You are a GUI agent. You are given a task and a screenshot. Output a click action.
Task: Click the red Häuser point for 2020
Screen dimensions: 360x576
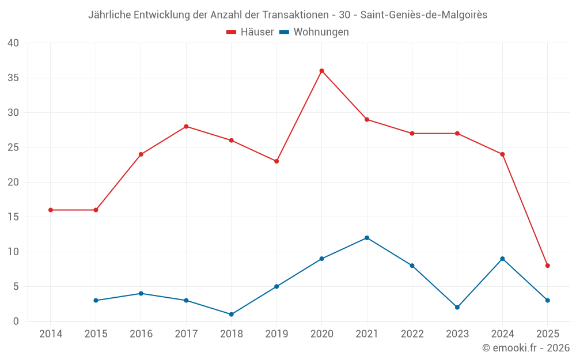(322, 71)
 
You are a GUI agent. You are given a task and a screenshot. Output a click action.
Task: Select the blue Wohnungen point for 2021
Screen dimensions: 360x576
(367, 238)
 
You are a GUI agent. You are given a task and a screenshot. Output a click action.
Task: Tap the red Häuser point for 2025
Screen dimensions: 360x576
(548, 266)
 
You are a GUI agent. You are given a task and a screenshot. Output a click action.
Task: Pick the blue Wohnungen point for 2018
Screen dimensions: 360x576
(232, 314)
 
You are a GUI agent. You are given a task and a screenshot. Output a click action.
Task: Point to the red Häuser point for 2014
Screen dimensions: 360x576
(51, 210)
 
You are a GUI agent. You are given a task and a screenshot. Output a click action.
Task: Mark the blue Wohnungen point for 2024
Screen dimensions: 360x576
(503, 259)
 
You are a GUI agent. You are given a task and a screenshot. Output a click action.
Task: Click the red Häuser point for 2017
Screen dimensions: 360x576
(186, 127)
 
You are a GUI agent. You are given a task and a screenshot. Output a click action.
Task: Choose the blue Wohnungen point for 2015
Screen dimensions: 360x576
(96, 301)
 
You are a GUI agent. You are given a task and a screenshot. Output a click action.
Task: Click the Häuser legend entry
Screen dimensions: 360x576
(250, 32)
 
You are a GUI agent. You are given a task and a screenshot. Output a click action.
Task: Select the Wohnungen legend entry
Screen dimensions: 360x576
(314, 32)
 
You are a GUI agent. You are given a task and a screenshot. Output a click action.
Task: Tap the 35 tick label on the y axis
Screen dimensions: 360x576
(13, 78)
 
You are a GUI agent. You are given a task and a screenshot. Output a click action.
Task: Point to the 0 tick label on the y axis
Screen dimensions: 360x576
(16, 321)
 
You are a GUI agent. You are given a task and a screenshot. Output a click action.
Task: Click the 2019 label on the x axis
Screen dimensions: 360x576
(276, 334)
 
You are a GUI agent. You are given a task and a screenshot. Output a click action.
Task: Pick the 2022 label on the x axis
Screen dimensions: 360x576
(412, 334)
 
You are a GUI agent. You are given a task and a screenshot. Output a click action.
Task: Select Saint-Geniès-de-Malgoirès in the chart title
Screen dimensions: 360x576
(424, 15)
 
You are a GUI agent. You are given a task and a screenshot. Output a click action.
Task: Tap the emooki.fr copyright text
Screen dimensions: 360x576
(526, 348)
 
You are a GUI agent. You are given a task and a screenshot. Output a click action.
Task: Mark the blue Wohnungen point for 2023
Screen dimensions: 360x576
(457, 308)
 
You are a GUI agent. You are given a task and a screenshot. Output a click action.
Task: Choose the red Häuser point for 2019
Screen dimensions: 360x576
(276, 161)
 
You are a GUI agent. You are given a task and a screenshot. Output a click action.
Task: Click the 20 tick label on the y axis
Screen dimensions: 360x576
(13, 182)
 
